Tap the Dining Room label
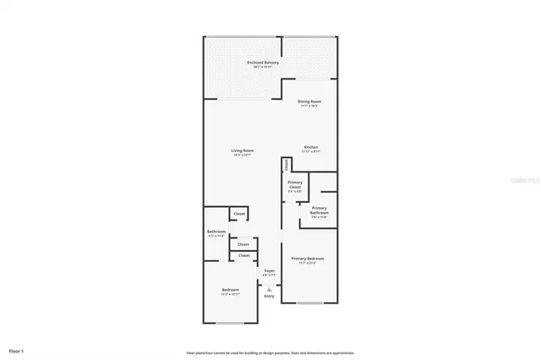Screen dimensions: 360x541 point(309,102)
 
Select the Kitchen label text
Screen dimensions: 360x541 point(311,146)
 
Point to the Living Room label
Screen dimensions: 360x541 point(243,151)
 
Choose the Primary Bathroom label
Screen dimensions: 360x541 point(319,210)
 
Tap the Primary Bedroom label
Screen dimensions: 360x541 point(308,259)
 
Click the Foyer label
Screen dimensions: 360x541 point(269,270)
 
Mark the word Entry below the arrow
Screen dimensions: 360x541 point(269,296)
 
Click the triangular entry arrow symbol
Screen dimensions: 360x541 point(269,288)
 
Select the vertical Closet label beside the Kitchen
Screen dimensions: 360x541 point(287,164)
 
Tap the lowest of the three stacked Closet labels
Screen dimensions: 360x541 point(243,255)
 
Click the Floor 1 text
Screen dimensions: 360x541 point(17,350)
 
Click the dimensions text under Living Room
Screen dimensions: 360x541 point(243,155)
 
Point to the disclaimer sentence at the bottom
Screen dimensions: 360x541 point(270,352)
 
